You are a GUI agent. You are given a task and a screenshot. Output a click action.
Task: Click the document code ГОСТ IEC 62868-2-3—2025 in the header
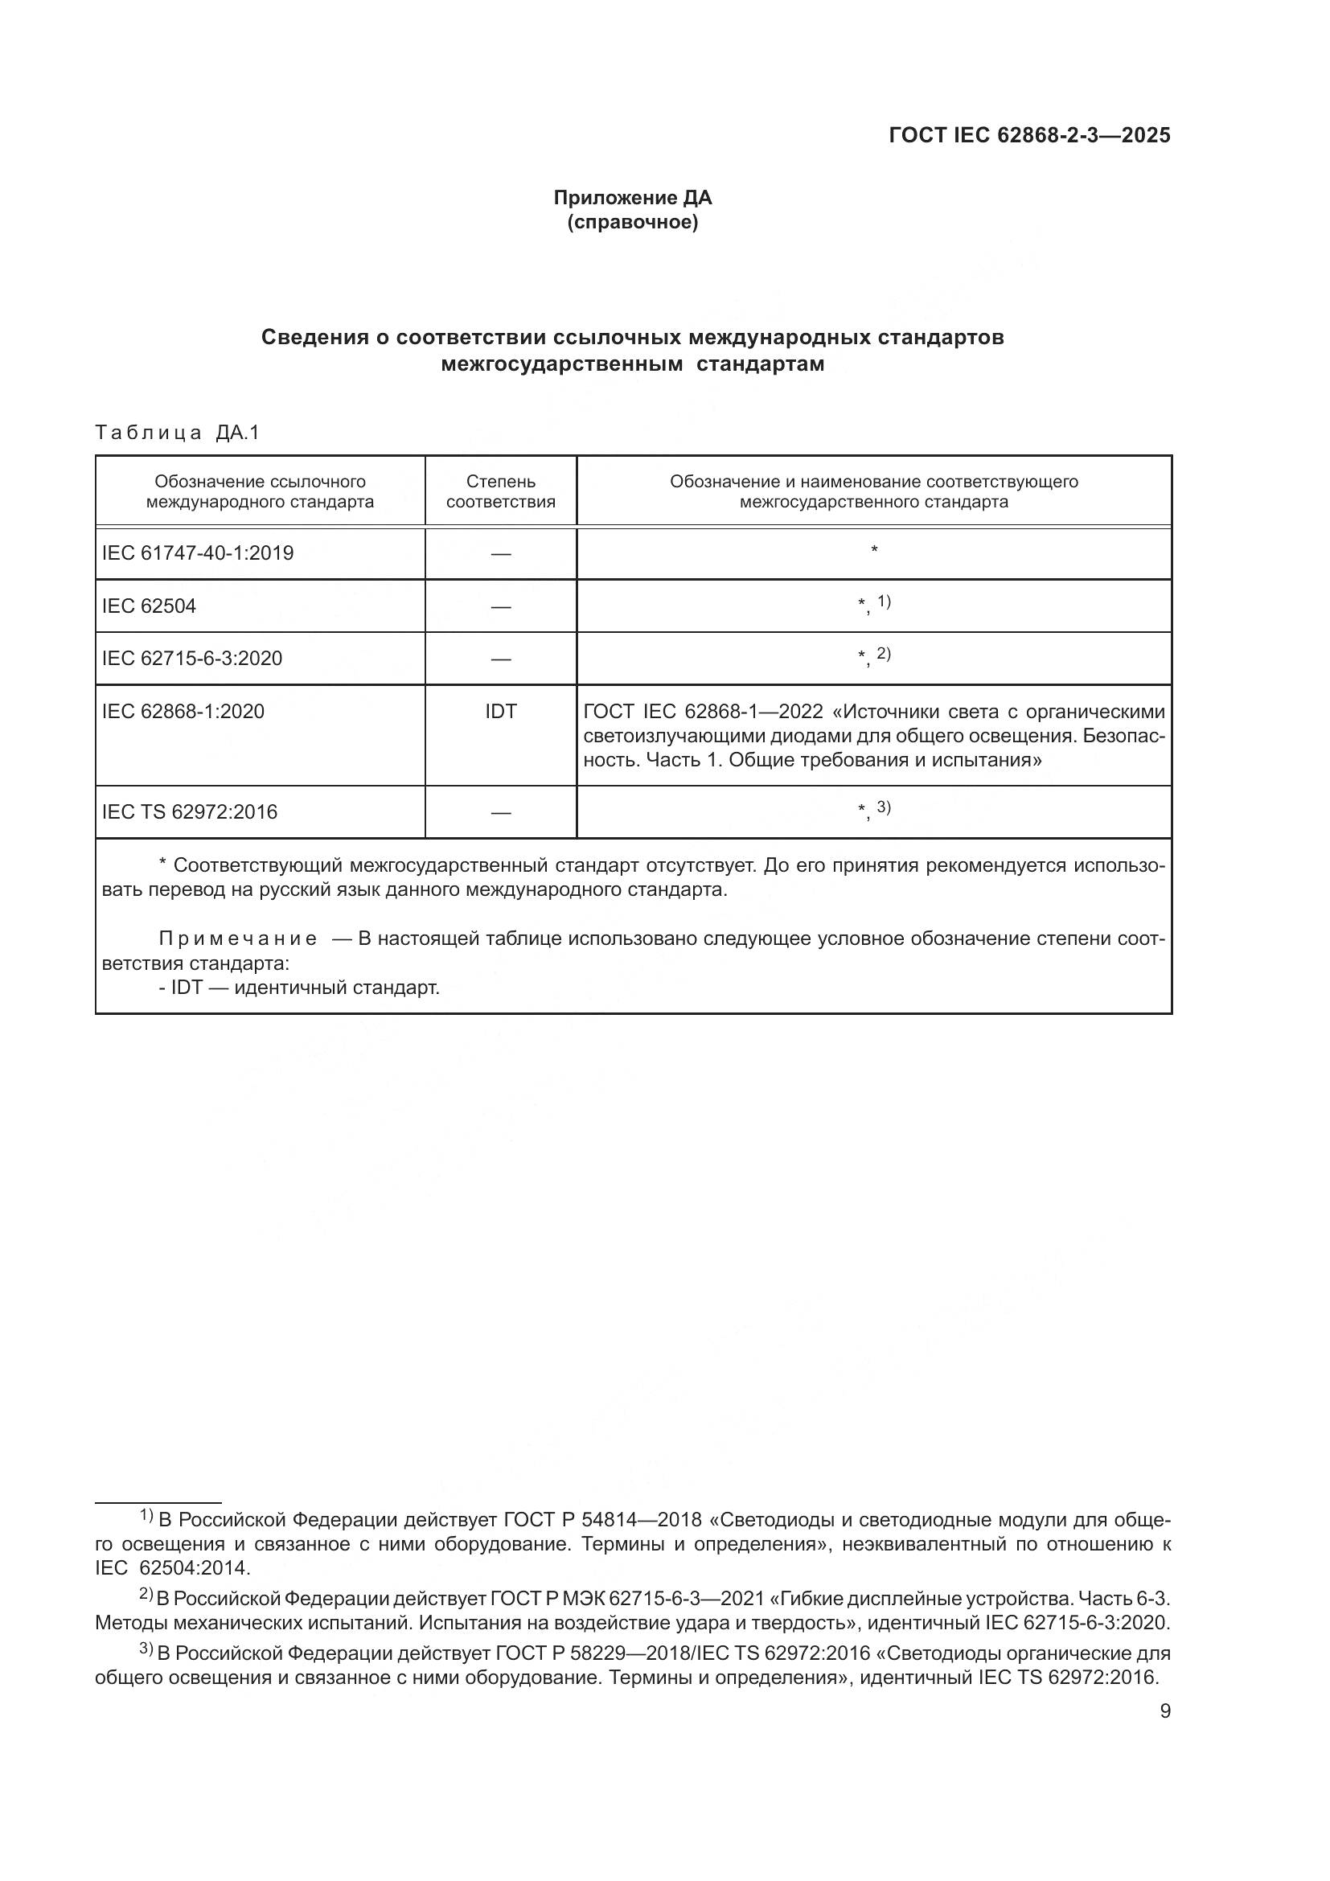click(1029, 135)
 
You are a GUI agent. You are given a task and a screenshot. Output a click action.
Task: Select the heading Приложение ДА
click(632, 198)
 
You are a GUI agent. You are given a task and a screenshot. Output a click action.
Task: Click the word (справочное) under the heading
click(632, 222)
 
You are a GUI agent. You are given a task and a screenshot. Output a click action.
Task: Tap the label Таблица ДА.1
click(177, 433)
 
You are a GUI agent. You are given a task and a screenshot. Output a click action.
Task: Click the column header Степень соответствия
click(500, 491)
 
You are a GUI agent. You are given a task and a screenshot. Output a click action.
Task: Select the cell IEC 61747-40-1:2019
click(197, 553)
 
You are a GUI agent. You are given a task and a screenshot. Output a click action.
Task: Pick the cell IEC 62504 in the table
click(149, 606)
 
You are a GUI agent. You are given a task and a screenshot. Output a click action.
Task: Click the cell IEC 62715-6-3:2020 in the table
click(191, 658)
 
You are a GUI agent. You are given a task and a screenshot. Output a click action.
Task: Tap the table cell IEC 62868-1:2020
click(183, 711)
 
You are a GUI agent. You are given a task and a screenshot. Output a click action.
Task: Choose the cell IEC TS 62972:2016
click(189, 812)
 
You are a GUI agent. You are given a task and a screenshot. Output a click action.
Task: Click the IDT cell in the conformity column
click(500, 711)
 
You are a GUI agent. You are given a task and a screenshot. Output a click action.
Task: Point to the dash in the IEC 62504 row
click(500, 606)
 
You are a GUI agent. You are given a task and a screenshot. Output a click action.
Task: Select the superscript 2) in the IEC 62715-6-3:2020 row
click(884, 653)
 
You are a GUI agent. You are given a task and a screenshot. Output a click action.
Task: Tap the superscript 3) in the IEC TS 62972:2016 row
click(884, 807)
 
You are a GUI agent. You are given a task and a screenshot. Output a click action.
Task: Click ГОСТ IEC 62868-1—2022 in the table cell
click(703, 711)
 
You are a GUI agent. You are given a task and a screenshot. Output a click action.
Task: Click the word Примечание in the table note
click(237, 938)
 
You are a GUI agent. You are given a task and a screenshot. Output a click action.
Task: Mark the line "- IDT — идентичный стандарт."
click(299, 988)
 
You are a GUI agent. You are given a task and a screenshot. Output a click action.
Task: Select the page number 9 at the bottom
click(1164, 1711)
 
